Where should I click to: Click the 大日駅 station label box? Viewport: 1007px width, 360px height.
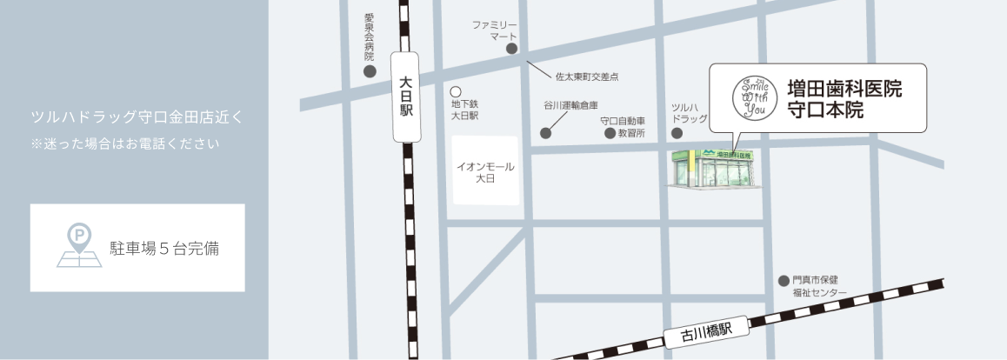(405, 96)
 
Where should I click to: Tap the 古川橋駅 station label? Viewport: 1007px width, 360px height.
(704, 330)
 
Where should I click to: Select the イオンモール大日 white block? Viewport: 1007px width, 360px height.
(485, 170)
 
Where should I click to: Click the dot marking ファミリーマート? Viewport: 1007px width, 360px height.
(512, 49)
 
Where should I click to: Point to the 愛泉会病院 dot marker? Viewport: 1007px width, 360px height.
(370, 71)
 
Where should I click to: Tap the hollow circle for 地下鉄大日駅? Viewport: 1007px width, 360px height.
(455, 90)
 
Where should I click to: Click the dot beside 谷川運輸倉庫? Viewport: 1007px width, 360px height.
(545, 133)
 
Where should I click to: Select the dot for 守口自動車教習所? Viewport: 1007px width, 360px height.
(610, 133)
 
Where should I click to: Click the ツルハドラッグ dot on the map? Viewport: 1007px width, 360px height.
(677, 133)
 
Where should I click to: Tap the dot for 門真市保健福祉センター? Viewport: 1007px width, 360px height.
(782, 280)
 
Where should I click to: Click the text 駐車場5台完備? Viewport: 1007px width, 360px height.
(163, 249)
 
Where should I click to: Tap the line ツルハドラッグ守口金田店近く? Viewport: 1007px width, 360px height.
(137, 116)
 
